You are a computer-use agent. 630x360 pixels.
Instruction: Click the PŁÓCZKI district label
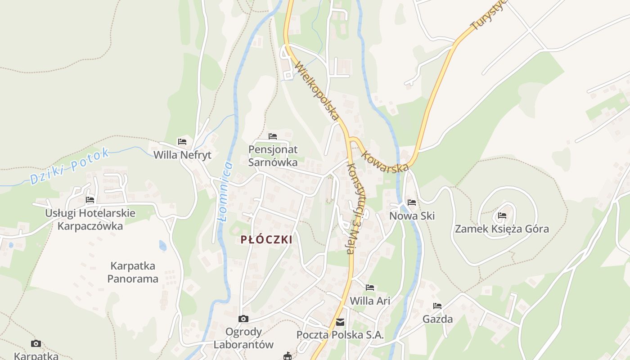pos(266,239)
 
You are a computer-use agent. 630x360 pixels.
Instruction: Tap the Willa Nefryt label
pos(182,155)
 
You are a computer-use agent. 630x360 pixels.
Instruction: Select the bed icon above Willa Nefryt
pos(182,141)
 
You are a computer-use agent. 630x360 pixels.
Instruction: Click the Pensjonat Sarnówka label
pos(273,156)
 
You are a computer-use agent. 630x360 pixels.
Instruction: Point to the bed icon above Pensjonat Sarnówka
pos(273,136)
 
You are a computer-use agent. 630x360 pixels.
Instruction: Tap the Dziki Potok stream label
pos(69,166)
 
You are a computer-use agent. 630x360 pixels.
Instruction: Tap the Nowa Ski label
pos(412,216)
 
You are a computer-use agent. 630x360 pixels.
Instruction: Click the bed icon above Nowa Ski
pos(412,202)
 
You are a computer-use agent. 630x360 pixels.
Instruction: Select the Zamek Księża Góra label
pos(502,229)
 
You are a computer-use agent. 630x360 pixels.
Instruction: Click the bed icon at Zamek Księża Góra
pos(502,216)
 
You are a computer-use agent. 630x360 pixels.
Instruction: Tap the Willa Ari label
pos(370,301)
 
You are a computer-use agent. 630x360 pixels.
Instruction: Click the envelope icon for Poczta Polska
pos(340,322)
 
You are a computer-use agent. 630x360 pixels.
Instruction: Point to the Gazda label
pos(437,319)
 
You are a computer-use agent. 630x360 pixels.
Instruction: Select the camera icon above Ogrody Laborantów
pos(243,319)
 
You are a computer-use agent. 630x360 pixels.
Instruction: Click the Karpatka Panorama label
pos(133,272)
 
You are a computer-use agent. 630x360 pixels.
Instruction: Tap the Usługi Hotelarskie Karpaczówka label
pos(90,219)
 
